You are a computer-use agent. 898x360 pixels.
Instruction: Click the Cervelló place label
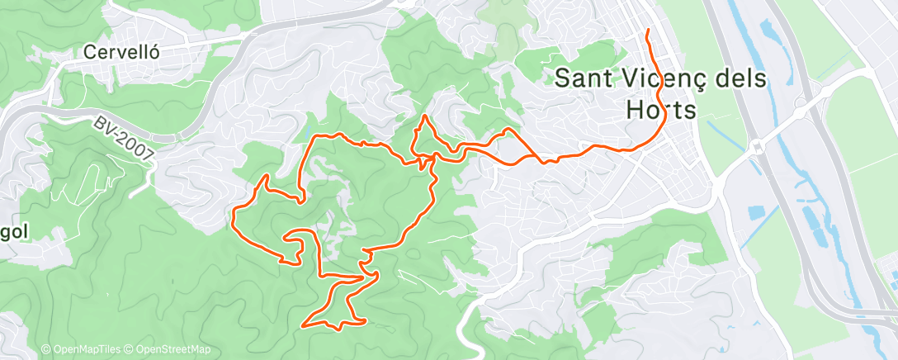pyautogui.click(x=121, y=51)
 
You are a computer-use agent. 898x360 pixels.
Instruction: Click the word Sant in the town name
pyautogui.click(x=585, y=78)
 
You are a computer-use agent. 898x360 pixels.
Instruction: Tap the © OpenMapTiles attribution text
pyautogui.click(x=80, y=350)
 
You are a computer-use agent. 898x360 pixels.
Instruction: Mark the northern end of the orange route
pyautogui.click(x=648, y=31)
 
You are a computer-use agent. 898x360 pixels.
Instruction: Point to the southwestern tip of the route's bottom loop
pyautogui.click(x=306, y=324)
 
